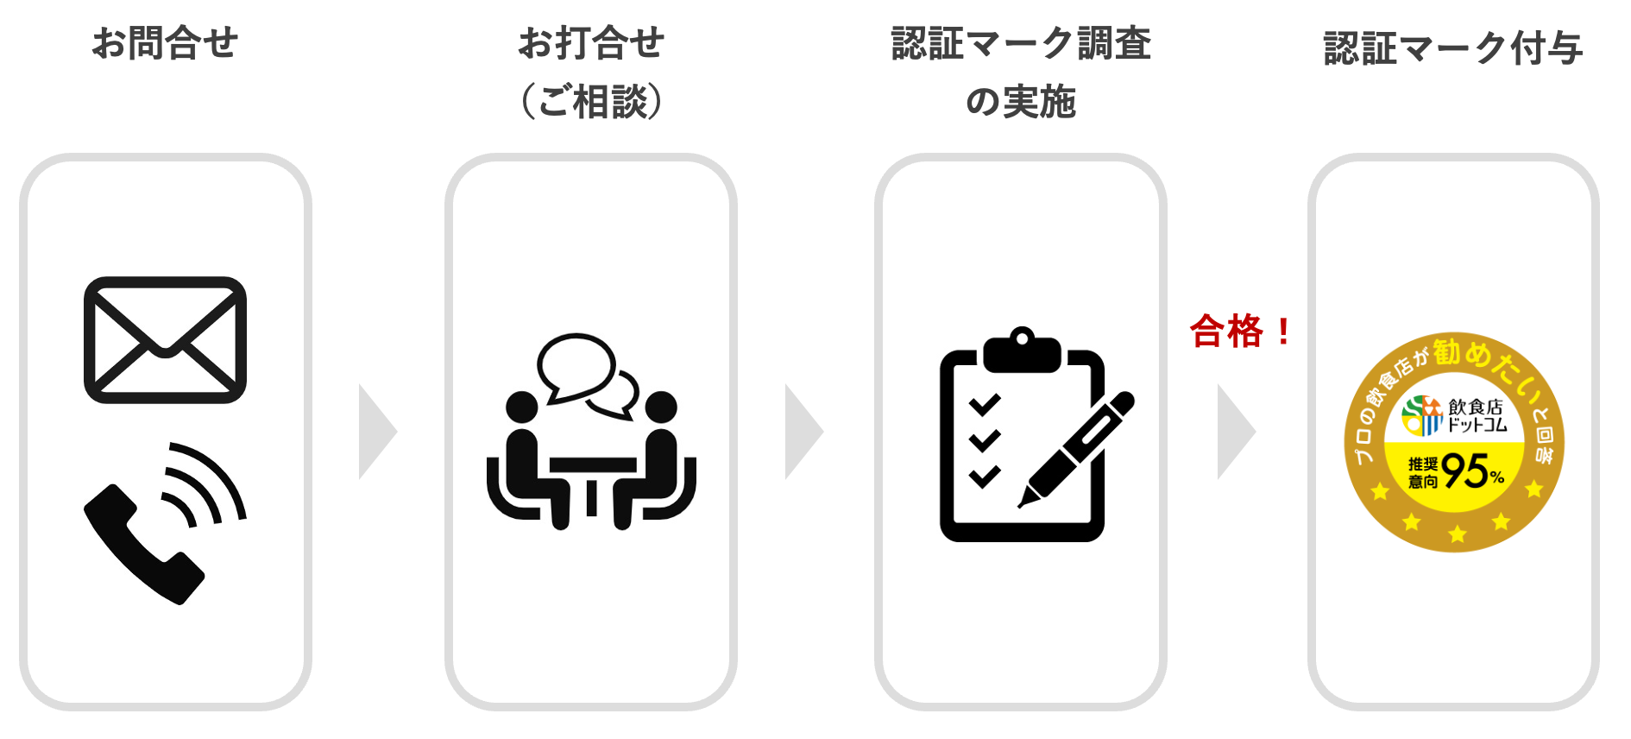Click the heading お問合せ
click(165, 43)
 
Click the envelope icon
click(165, 339)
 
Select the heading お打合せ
click(591, 43)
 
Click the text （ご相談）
click(591, 101)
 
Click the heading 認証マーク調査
click(1021, 43)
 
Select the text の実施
click(1021, 101)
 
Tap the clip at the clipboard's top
click(1022, 351)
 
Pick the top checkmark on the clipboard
click(984, 404)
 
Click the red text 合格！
click(1241, 332)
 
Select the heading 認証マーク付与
click(1453, 48)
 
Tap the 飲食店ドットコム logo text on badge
click(1476, 415)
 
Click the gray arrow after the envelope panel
click(376, 432)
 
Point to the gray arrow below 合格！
click(1235, 432)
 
